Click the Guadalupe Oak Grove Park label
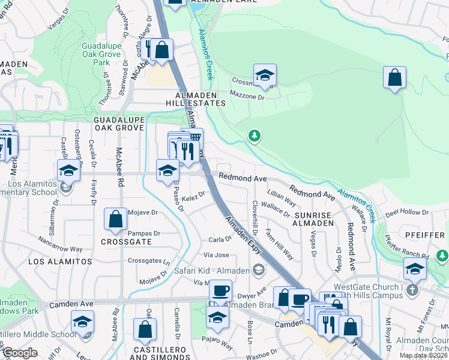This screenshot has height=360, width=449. point(101,54)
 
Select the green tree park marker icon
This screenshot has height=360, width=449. point(255,137)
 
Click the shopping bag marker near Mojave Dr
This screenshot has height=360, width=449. point(116,220)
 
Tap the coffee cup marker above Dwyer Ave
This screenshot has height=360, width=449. point(220,291)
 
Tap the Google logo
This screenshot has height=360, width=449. point(20,353)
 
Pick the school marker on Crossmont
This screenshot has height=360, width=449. point(265,76)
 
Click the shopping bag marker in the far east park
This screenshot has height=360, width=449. point(394,77)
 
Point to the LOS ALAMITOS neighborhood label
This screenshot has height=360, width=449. point(60,262)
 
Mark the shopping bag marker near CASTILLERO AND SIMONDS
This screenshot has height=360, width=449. point(145,329)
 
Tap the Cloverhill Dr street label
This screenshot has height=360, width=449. point(255,220)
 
